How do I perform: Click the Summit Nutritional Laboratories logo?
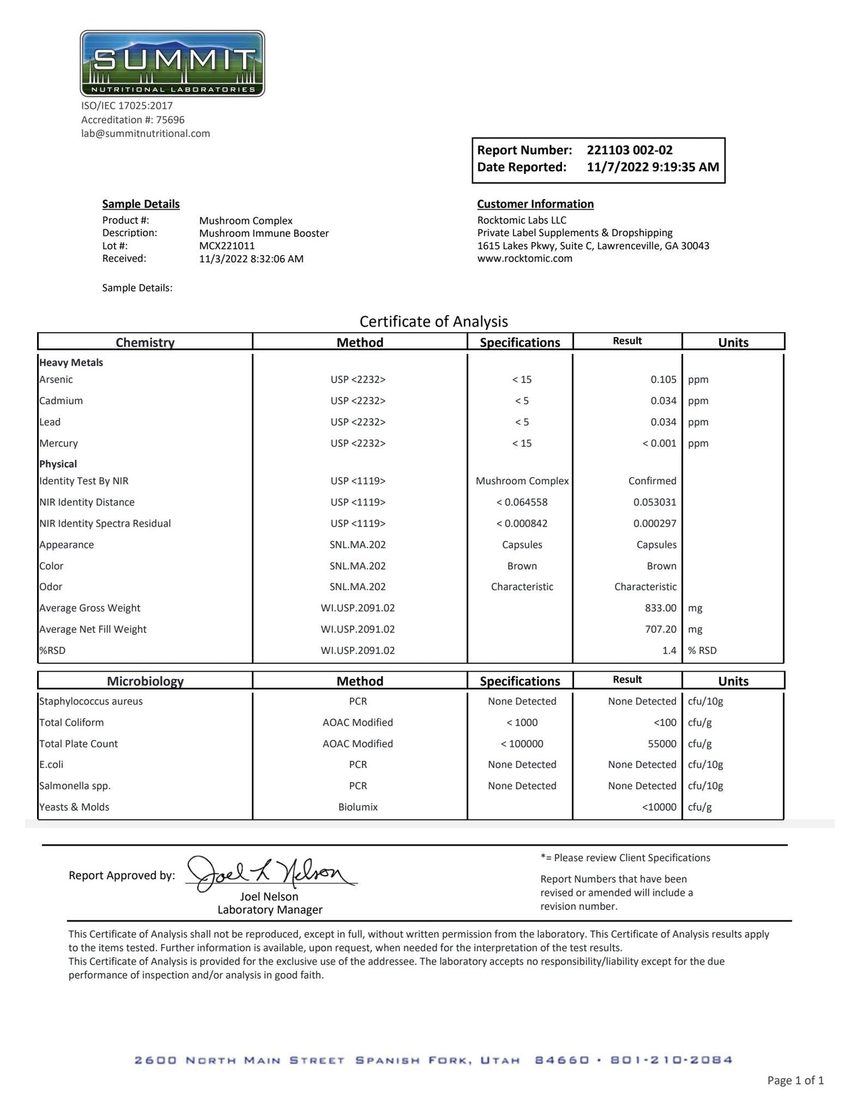click(x=172, y=63)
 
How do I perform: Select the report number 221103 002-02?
click(x=629, y=150)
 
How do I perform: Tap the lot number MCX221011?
click(x=227, y=246)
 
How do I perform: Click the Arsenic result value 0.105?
click(x=664, y=380)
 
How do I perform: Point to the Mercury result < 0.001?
click(x=659, y=443)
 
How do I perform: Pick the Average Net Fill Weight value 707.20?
click(x=661, y=629)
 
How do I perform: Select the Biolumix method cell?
click(x=358, y=807)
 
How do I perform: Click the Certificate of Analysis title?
click(x=434, y=322)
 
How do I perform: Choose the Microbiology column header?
click(x=145, y=681)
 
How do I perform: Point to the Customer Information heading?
click(x=535, y=204)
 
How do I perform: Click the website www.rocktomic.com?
click(x=524, y=259)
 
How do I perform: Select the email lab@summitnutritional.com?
click(x=146, y=133)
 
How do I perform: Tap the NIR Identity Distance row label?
click(x=87, y=503)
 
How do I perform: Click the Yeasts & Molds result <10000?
click(x=659, y=807)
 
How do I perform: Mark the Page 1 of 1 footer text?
click(x=795, y=1081)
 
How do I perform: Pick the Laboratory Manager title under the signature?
click(x=270, y=910)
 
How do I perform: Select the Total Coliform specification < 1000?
click(x=522, y=723)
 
